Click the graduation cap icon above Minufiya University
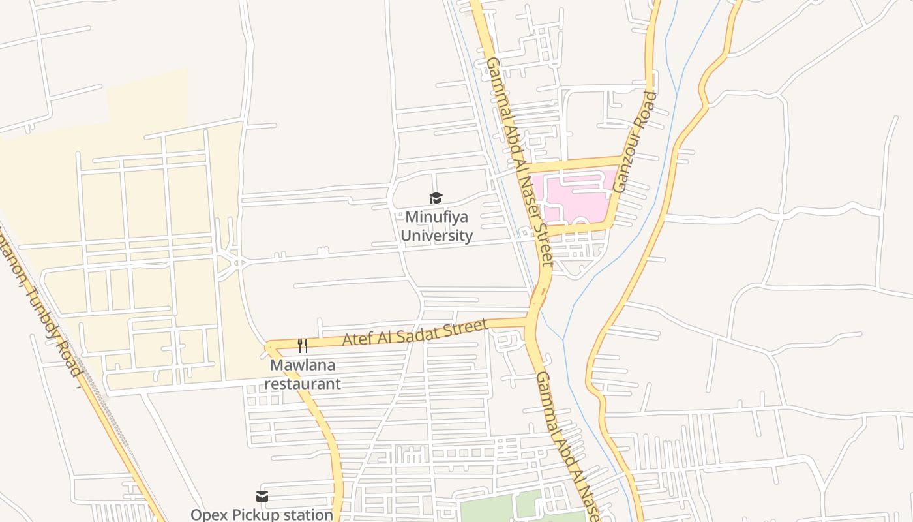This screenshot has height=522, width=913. coord(436,198)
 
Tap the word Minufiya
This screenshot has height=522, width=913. coord(436,217)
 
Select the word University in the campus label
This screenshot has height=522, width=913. coord(436,236)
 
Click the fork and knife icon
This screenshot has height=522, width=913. coord(303,345)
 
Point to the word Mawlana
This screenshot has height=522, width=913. coord(303,365)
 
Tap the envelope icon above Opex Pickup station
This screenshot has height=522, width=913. coord(262,497)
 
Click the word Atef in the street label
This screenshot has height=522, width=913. coord(357,340)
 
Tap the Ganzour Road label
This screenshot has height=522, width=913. coord(634,142)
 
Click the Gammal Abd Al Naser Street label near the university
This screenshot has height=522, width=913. coord(519,161)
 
